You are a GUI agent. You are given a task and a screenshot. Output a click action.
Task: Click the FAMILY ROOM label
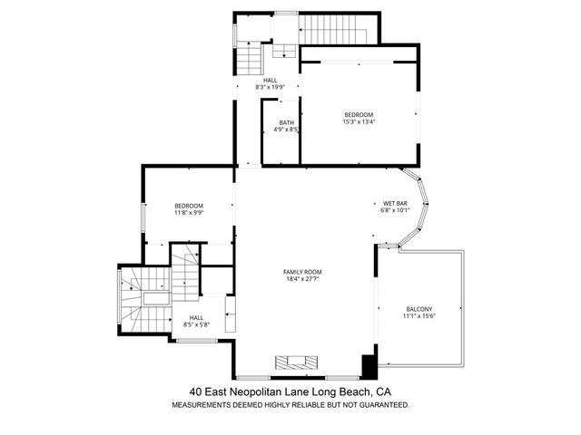click(x=302, y=272)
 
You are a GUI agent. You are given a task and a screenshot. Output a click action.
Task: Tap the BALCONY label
click(x=419, y=309)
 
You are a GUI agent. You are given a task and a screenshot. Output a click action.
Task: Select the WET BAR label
click(x=395, y=203)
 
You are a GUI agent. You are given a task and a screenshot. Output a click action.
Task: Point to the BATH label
click(x=287, y=123)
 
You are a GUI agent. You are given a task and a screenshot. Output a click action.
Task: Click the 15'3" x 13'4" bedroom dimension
click(x=359, y=121)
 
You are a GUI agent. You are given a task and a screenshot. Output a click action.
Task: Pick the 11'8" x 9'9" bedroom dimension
click(x=189, y=214)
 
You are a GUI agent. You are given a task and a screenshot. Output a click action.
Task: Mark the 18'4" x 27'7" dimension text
click(x=302, y=279)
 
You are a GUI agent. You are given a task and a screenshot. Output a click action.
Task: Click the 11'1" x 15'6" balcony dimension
click(x=419, y=316)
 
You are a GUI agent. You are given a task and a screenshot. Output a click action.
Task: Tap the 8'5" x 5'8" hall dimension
click(x=196, y=324)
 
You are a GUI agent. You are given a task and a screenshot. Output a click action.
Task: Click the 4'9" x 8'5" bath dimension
click(x=287, y=130)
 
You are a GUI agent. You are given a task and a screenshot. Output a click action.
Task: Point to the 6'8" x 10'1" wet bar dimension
click(x=395, y=210)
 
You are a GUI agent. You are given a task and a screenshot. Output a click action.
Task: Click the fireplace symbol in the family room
click(x=298, y=361)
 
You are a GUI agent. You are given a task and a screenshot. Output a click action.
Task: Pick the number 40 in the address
click(x=196, y=391)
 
